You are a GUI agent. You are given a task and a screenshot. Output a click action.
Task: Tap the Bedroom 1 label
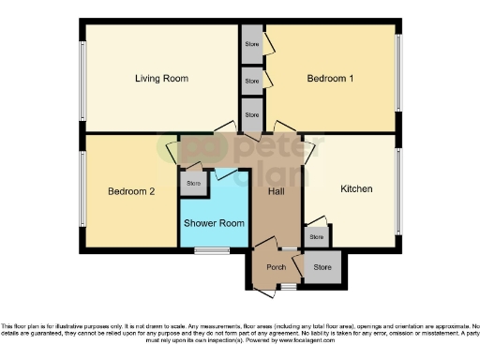pyautogui.click(x=330, y=79)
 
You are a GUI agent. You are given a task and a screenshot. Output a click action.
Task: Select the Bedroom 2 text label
pyautogui.click(x=130, y=191)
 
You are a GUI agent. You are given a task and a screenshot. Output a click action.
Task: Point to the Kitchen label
pyautogui.click(x=356, y=188)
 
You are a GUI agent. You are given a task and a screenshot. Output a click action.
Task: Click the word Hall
pyautogui.click(x=277, y=191)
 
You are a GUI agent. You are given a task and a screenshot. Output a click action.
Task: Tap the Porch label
pyautogui.click(x=276, y=267)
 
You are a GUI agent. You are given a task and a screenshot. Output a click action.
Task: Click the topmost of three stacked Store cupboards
pyautogui.click(x=251, y=44)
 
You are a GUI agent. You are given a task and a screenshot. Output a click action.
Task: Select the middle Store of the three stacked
pyautogui.click(x=251, y=81)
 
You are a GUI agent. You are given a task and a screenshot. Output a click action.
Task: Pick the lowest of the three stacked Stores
pyautogui.click(x=251, y=114)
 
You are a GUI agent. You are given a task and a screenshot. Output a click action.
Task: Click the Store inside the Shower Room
pyautogui.click(x=193, y=183)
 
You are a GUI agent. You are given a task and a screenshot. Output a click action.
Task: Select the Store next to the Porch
pyautogui.click(x=322, y=268)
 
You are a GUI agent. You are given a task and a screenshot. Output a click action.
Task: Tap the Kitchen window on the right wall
pyautogui.click(x=397, y=192)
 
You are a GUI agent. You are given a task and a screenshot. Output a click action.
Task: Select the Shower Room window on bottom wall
pyautogui.click(x=217, y=250)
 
